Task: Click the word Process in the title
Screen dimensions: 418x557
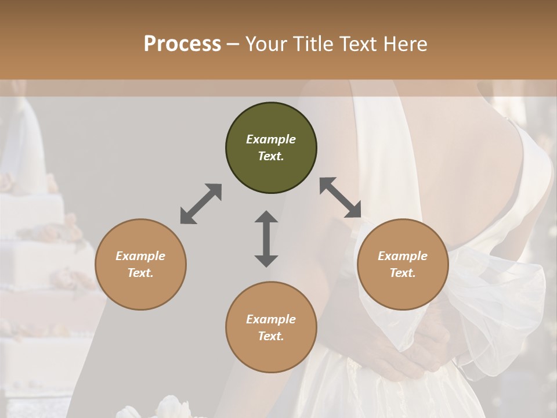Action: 182,44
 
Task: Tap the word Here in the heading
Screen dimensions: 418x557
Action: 405,44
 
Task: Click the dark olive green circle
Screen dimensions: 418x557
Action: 271,148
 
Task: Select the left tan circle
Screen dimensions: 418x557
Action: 140,264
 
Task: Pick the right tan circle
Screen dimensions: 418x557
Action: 403,264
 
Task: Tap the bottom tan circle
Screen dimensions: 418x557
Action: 271,327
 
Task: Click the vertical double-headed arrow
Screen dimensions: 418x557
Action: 266,239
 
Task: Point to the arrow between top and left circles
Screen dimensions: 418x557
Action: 201,204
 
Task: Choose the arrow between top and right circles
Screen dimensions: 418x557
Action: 341,197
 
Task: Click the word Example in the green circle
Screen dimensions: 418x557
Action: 271,139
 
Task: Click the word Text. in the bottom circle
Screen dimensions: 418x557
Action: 271,336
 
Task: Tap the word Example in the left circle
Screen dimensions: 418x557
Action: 140,256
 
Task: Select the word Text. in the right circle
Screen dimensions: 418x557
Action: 403,273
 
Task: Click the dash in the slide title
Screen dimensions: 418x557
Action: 233,44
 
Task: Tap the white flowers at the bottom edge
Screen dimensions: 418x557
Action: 168,408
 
